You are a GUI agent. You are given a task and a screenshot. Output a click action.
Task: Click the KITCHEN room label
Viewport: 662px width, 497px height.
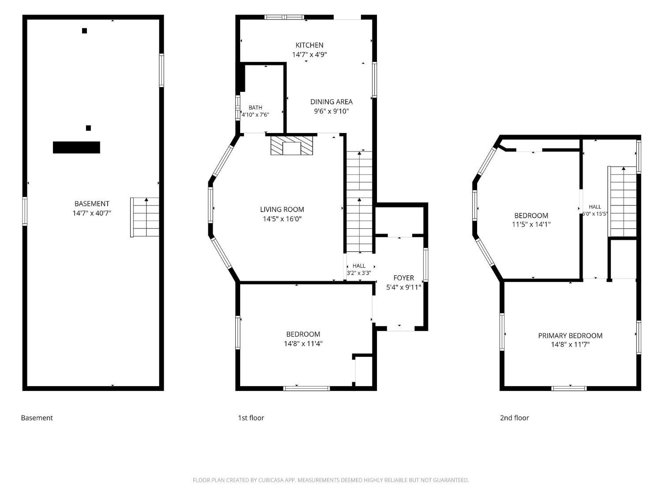(x=309, y=45)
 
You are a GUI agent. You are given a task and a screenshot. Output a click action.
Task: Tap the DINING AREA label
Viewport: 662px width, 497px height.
(x=331, y=102)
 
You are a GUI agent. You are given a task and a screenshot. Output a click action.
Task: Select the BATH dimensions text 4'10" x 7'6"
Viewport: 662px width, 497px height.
(x=255, y=115)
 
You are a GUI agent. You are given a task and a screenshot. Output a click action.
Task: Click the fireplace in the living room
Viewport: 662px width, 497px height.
(x=292, y=145)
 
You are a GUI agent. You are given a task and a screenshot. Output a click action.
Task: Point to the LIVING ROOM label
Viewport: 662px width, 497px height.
(x=282, y=209)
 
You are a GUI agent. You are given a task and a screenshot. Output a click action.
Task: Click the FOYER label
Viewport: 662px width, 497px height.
(x=403, y=278)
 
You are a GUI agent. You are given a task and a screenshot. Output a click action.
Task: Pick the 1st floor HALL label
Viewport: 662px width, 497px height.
(x=359, y=266)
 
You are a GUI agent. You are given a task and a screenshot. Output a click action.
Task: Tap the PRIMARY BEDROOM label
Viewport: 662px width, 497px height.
(x=570, y=336)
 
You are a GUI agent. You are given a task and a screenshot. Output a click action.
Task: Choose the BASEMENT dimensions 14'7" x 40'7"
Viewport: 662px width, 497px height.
(x=92, y=213)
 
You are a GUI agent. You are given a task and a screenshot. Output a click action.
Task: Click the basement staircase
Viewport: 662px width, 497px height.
(x=144, y=217)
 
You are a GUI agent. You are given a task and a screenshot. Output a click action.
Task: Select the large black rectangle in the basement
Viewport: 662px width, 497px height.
(x=76, y=147)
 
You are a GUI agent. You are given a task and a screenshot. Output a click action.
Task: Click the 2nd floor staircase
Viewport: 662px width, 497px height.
(x=622, y=201)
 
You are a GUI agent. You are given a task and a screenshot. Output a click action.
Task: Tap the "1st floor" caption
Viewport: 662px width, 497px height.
(x=251, y=417)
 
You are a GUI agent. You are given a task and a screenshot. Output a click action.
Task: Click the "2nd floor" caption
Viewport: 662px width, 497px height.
(x=514, y=417)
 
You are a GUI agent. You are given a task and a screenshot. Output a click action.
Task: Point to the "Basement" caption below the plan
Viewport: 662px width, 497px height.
(x=37, y=417)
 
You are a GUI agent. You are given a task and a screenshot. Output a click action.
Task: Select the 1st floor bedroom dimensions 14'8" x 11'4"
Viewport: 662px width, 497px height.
(x=303, y=343)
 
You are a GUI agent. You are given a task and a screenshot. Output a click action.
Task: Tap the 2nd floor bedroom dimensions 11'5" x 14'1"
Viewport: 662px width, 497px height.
(x=531, y=224)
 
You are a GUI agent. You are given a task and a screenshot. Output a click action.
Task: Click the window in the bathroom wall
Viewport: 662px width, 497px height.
(x=237, y=108)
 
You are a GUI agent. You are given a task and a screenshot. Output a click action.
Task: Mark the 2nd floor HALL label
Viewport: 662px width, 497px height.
(x=595, y=207)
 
